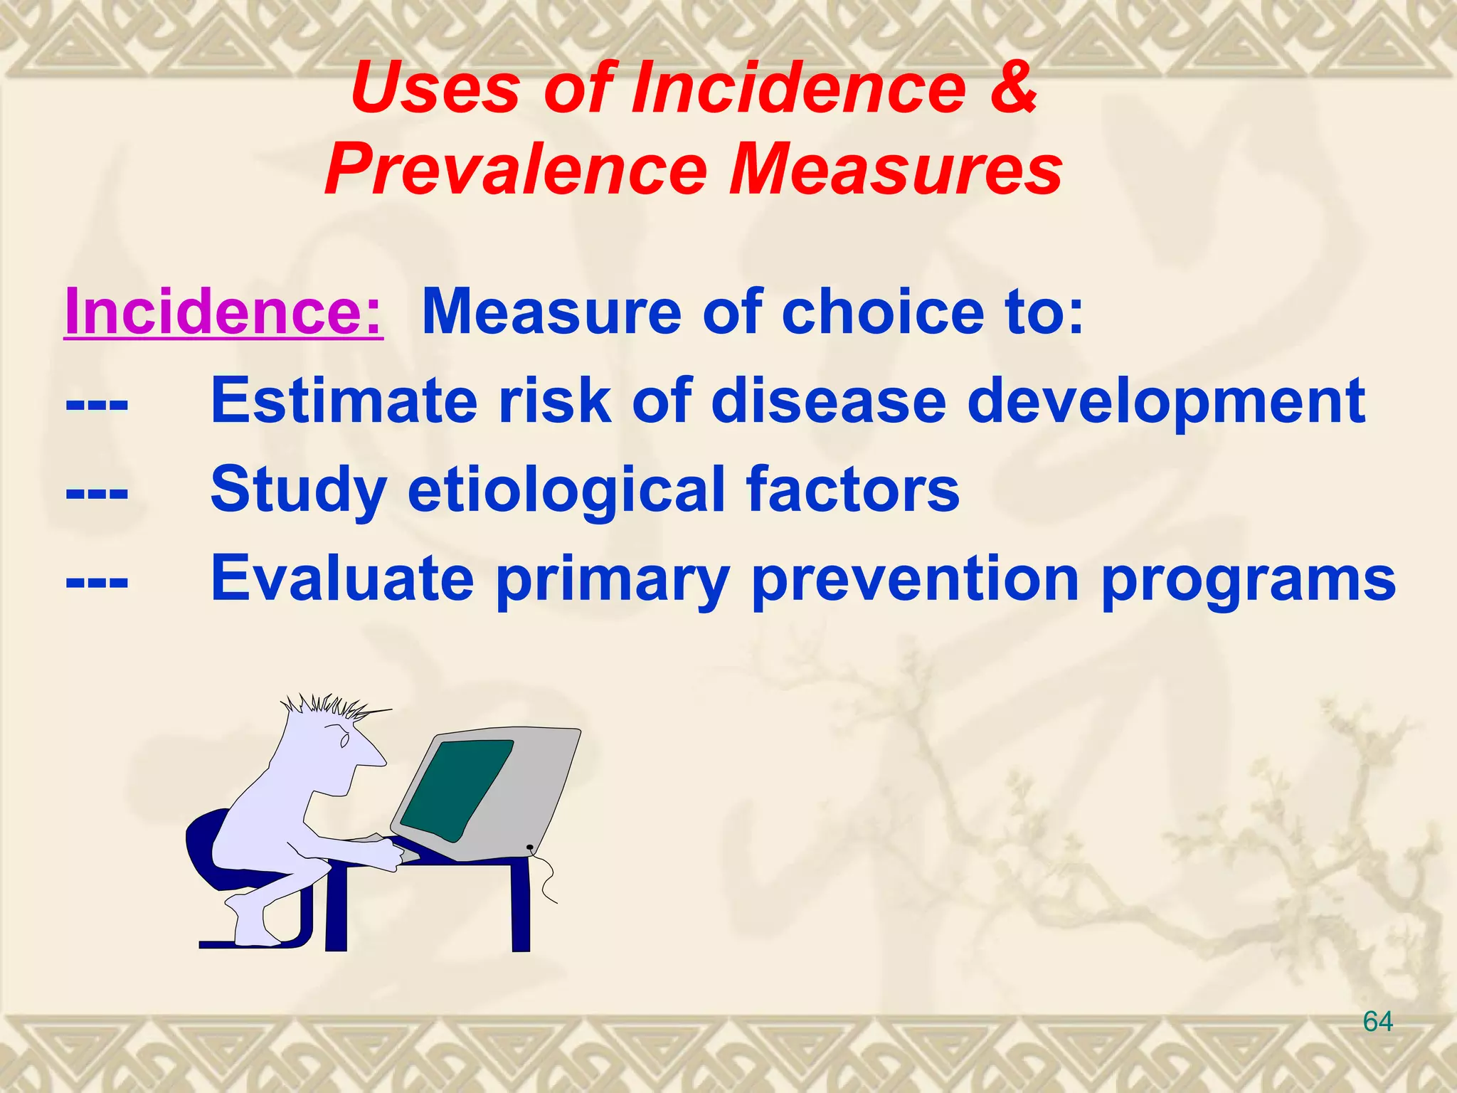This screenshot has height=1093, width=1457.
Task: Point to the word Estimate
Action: coord(344,401)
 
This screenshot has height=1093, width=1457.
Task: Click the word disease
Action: coord(829,401)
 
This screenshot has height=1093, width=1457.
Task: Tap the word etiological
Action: coord(566,490)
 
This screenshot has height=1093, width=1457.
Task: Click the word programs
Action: coord(1249,581)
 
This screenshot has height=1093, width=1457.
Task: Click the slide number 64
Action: coord(1377,1022)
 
